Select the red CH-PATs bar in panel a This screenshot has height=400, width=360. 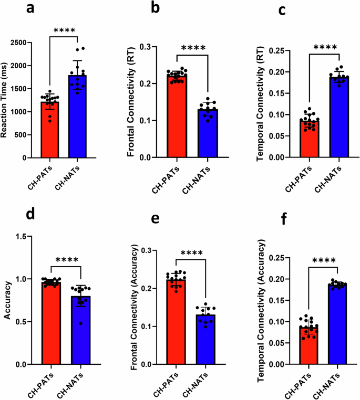point(50,131)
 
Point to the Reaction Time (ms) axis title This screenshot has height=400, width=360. point(5,100)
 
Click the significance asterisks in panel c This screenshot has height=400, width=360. point(324,48)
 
